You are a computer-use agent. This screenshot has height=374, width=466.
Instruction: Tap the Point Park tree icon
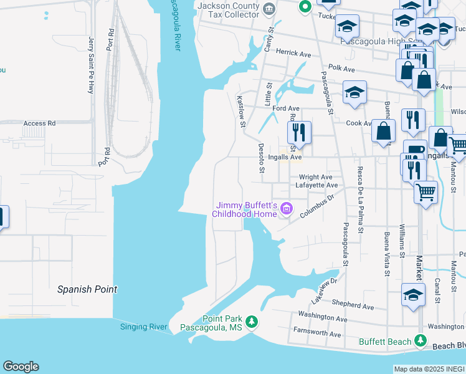(251, 322)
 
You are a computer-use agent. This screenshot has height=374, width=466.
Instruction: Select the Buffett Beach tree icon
(421, 341)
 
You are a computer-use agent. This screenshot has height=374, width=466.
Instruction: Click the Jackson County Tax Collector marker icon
(269, 9)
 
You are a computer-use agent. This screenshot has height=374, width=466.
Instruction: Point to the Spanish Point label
(87, 289)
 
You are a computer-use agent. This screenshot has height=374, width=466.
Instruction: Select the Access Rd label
(39, 123)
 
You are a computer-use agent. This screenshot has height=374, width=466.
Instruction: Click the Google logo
(21, 367)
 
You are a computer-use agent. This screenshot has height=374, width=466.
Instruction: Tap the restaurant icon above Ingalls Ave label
(298, 132)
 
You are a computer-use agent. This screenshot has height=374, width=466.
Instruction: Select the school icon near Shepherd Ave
(412, 295)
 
